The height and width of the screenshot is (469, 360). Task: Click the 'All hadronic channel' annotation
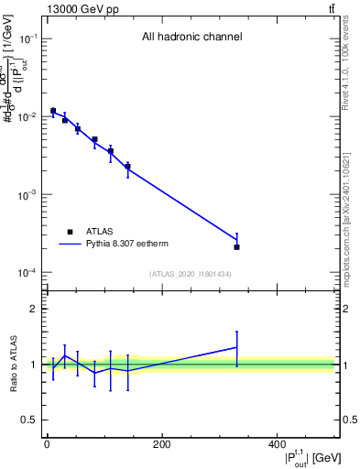(191, 38)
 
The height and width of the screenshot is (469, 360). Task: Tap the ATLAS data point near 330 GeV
(236, 247)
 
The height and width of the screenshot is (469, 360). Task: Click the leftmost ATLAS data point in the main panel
(53, 111)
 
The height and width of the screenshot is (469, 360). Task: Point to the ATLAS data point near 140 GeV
(127, 167)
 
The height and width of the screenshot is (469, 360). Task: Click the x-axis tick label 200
(161, 445)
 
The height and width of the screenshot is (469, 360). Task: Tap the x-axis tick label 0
(47, 445)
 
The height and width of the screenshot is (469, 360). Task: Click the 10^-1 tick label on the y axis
(27, 39)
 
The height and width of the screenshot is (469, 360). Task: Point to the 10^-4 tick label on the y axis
(27, 273)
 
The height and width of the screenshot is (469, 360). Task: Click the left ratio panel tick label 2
(33, 309)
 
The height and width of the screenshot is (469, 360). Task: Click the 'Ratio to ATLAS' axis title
(12, 365)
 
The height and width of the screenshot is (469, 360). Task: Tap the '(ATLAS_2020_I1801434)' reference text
(191, 274)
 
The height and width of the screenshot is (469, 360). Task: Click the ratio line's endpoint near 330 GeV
(236, 347)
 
